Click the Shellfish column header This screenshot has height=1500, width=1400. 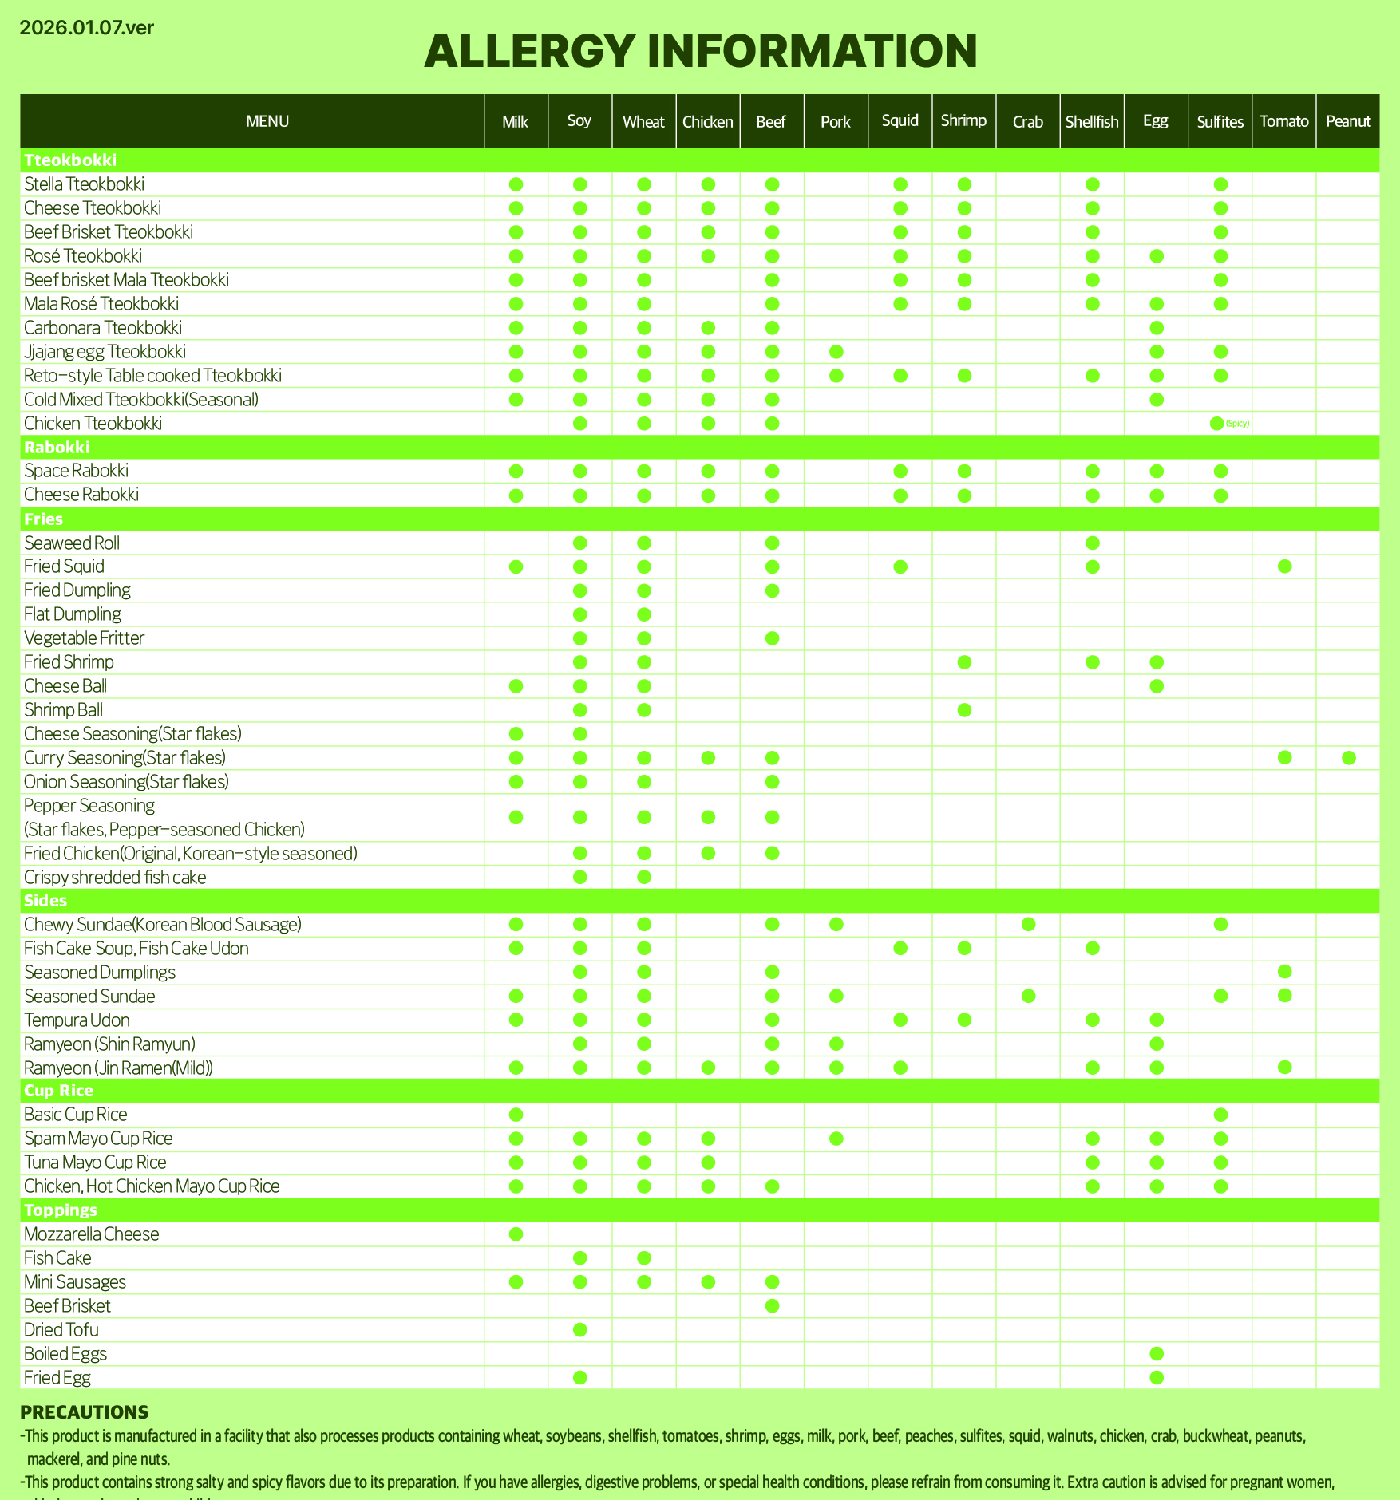coord(1092,122)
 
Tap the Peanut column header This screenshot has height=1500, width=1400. coord(1348,122)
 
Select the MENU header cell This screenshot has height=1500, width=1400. coord(267,122)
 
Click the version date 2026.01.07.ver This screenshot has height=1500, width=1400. coord(86,28)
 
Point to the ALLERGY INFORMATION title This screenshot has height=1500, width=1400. coord(700,51)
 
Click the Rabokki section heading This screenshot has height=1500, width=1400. coord(57,447)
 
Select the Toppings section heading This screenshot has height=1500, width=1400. coord(61,1210)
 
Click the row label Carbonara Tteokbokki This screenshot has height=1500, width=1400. coord(103,328)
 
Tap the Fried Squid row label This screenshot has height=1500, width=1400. coord(64,566)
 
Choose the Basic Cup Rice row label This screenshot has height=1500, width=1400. coord(75,1115)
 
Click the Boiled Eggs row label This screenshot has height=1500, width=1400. coord(65,1353)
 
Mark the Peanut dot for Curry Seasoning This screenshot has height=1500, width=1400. coord(1348,758)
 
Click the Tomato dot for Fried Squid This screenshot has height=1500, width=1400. coord(1284,566)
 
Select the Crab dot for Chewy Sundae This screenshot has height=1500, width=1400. coord(1028,924)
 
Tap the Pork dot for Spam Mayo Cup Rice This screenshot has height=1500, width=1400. coord(836,1139)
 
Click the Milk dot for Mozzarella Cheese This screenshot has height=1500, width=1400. coord(516,1234)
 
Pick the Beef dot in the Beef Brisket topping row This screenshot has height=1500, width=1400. coord(772,1306)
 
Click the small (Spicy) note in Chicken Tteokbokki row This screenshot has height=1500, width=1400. coord(1237,424)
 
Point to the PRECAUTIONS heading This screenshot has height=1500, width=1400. coord(84,1412)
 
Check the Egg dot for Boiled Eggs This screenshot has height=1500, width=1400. coord(1156,1353)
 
